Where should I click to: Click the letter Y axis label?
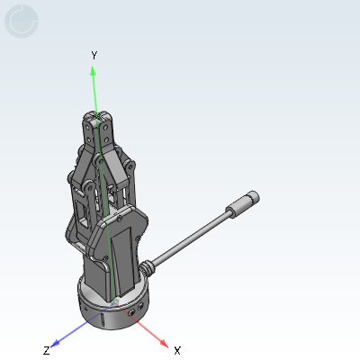pyautogui.click(x=94, y=56)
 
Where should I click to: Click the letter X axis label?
pyautogui.click(x=177, y=350)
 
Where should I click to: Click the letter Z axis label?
pyautogui.click(x=46, y=350)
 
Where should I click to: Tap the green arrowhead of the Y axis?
pyautogui.click(x=93, y=71)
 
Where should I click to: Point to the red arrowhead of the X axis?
pyautogui.click(x=164, y=343)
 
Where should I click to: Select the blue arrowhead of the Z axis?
pyautogui.click(x=56, y=343)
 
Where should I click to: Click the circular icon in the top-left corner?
pyautogui.click(x=22, y=21)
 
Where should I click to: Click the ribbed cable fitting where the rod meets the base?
pyautogui.click(x=148, y=267)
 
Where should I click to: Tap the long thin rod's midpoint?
pyautogui.click(x=192, y=236)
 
